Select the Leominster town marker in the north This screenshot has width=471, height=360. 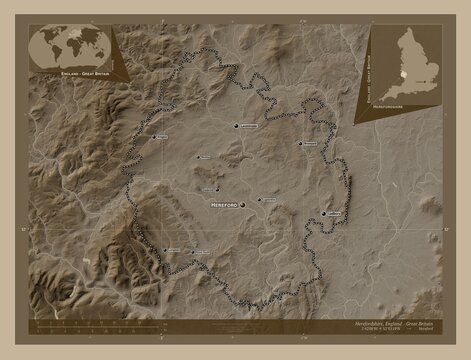point(237,127)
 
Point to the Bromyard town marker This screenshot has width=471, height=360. point(299,143)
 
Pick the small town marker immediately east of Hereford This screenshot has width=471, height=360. point(261,199)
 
